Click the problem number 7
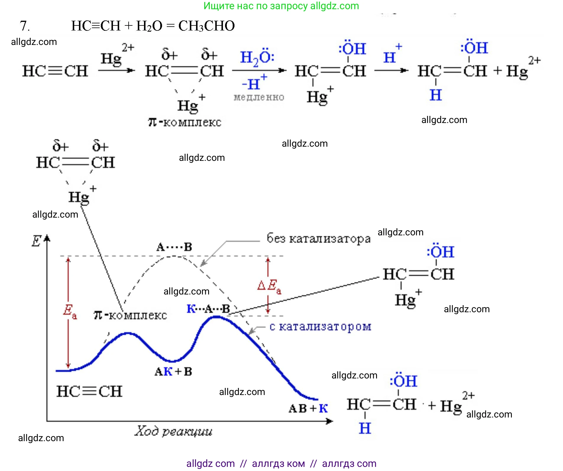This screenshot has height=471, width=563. (24, 26)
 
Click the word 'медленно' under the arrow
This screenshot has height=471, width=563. (259, 97)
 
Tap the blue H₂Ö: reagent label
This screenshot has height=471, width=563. (257, 57)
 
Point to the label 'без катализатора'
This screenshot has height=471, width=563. (318, 238)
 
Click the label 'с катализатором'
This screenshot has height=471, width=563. (320, 327)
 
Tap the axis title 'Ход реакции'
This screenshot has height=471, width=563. (173, 431)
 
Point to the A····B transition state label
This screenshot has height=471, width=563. (174, 247)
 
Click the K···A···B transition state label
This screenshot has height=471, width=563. (208, 309)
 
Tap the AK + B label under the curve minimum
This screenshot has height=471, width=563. (173, 372)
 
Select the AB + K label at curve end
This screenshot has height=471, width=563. (308, 409)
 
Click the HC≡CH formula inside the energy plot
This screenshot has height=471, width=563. (89, 391)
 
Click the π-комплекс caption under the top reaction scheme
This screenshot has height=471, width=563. (185, 122)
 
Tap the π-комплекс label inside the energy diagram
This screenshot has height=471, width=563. (130, 315)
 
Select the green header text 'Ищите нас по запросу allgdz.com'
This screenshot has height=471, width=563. (281, 6)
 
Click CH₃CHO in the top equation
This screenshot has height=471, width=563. (206, 26)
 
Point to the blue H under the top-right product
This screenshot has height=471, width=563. (436, 95)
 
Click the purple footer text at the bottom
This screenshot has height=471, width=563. (281, 463)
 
